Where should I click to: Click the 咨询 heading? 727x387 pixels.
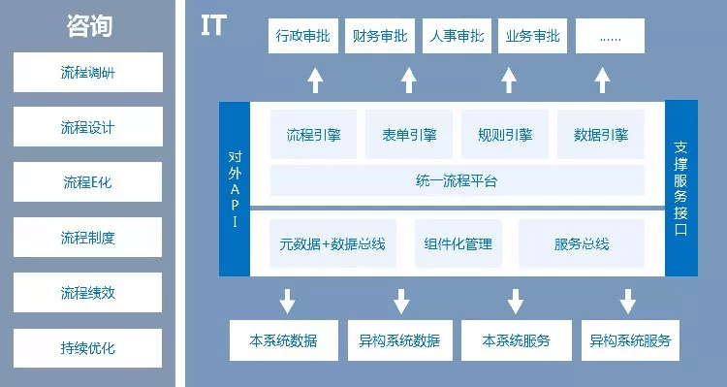pos(90,26)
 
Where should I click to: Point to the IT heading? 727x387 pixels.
pos(213,26)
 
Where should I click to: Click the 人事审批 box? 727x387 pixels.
pos(456,37)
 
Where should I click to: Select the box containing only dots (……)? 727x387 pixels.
pos(610,37)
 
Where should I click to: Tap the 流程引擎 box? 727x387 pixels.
pos(313,135)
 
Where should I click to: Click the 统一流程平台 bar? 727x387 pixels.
pos(457,181)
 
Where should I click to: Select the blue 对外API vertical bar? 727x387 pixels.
pos(234,189)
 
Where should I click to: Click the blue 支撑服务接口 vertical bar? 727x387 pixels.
pos(680,189)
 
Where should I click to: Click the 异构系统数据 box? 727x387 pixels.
pos(398,340)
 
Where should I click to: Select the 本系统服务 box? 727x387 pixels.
pos(516,340)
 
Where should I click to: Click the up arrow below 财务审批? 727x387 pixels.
pos(409,80)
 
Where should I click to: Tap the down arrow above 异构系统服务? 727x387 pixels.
pos(628,300)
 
